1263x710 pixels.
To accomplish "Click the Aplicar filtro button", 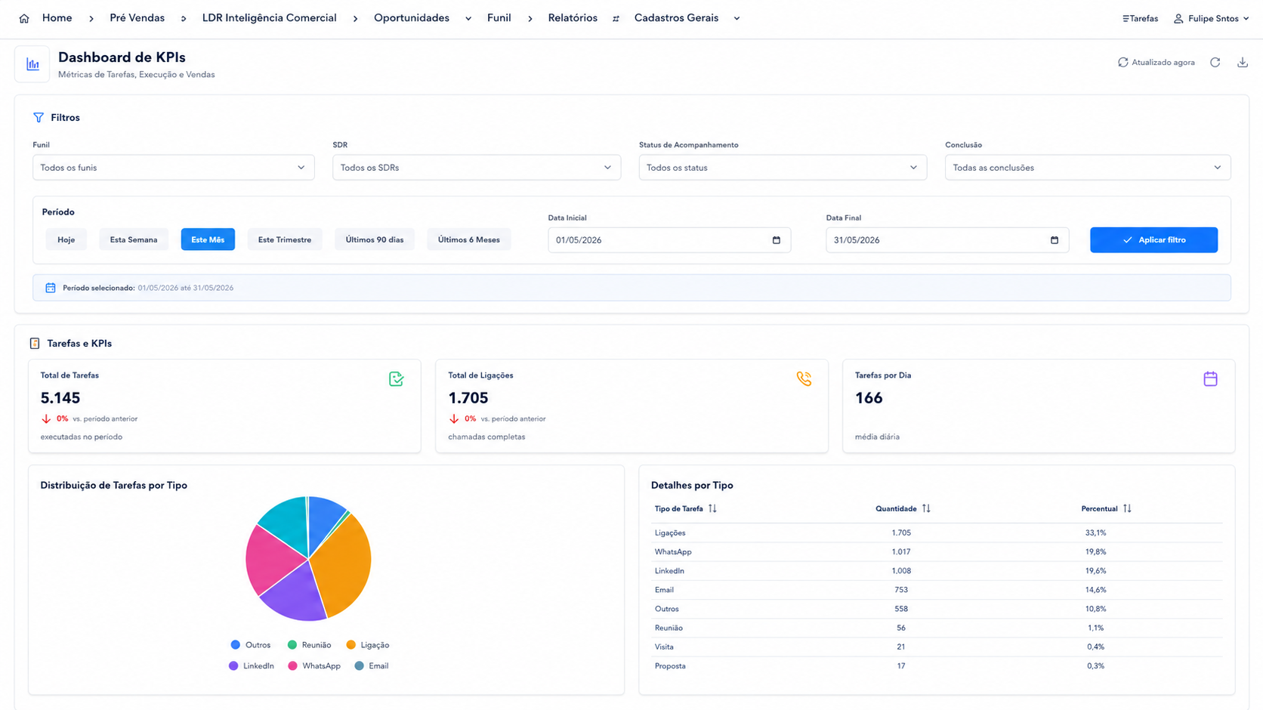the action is coord(1153,239).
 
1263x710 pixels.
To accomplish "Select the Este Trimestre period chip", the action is coord(285,239).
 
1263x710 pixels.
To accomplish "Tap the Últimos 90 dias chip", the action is coord(375,239).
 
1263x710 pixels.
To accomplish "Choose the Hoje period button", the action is coord(66,239).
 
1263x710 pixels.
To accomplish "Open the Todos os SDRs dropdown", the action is coord(477,168).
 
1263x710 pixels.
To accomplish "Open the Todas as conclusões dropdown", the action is coord(1088,168).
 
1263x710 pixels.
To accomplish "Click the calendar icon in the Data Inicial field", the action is coord(777,240).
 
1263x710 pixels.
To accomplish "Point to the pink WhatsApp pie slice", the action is coord(270,558).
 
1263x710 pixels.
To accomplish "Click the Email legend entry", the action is coord(372,666).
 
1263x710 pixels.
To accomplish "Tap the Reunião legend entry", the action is coord(310,645).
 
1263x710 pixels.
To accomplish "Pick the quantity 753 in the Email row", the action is coord(901,590).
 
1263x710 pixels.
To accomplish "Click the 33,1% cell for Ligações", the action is coord(1095,533).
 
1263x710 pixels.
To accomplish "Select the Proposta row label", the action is coord(670,666).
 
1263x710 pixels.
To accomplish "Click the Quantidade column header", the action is coord(896,508).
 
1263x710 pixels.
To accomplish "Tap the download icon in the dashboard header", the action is coord(1242,63).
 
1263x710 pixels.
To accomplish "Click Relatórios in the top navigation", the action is coord(573,18).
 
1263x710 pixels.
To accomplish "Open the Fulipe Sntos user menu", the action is coord(1212,19).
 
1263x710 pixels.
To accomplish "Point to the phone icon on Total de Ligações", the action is coord(804,378).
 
